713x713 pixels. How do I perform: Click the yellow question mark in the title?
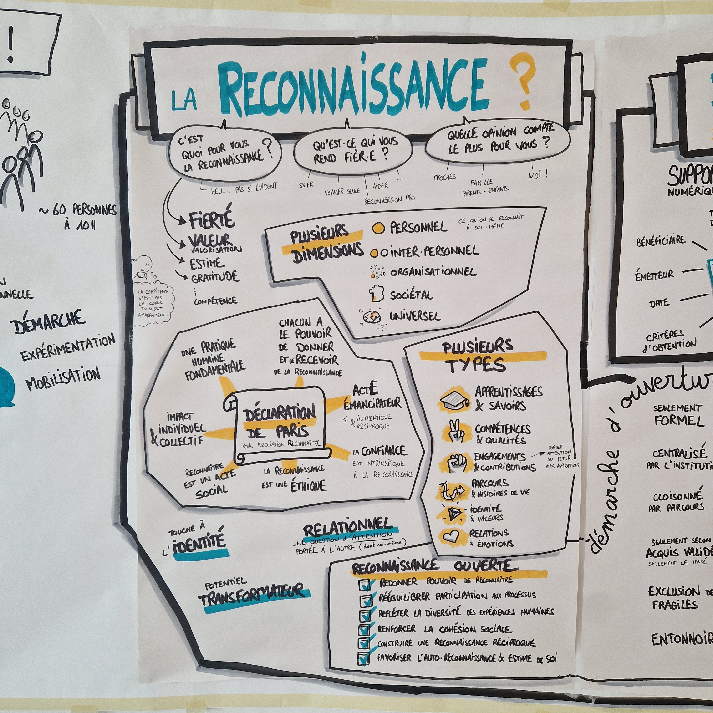pyautogui.click(x=521, y=81)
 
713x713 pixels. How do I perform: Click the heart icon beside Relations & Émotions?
pyautogui.click(x=450, y=536)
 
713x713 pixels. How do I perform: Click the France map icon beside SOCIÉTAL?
pyautogui.click(x=377, y=293)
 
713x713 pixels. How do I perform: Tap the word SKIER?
pyautogui.click(x=306, y=184)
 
